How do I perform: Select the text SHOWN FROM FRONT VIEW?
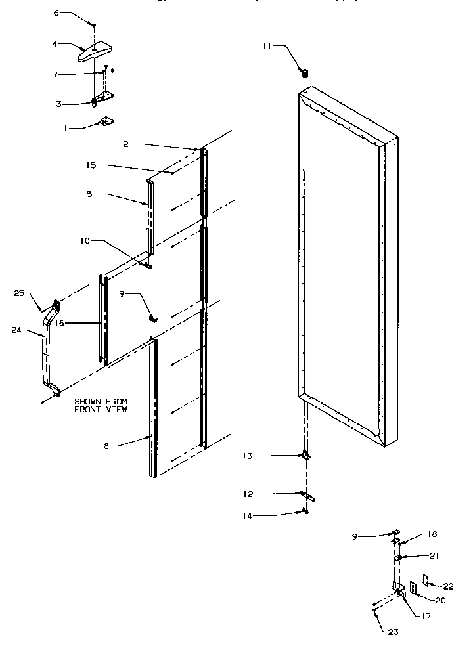(x=101, y=405)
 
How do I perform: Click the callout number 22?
(x=448, y=586)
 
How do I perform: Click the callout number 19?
(x=353, y=536)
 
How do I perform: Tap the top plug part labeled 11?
(x=305, y=72)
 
